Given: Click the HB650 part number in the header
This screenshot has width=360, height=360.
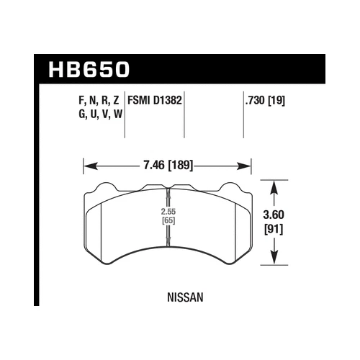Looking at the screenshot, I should point(91,69).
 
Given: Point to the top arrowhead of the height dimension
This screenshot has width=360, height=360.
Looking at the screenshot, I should point(274,186).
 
